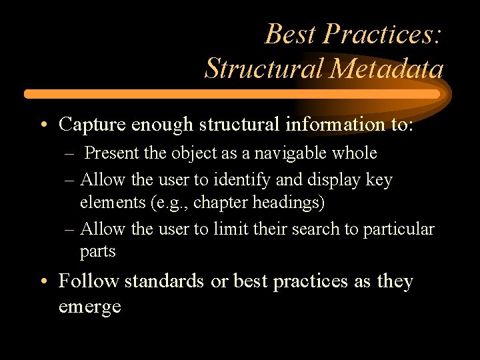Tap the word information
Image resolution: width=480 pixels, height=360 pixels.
tap(319, 124)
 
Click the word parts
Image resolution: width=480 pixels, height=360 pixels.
tap(98, 252)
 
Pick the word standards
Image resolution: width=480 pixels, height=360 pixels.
tap(164, 281)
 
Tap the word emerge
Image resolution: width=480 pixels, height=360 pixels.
tap(89, 307)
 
